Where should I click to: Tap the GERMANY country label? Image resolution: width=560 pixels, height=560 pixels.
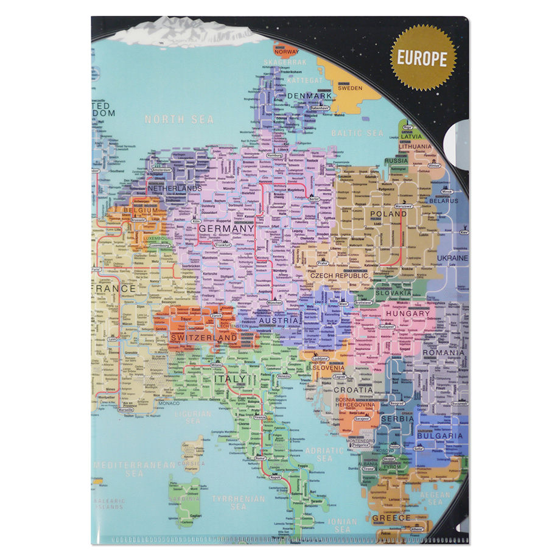(x=226, y=228)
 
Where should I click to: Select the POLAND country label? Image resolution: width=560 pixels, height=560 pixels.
(x=388, y=214)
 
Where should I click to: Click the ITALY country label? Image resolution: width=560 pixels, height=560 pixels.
(x=229, y=379)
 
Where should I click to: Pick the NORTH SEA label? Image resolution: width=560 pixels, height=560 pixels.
(x=179, y=119)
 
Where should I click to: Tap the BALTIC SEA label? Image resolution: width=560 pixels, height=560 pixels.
(x=357, y=133)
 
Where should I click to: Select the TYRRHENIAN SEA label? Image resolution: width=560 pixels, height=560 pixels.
(x=238, y=502)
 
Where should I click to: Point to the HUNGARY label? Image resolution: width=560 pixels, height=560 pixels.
(x=407, y=313)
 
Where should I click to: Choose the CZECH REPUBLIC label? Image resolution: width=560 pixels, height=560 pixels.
(x=339, y=276)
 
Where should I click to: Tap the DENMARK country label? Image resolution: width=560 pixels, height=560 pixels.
(x=310, y=96)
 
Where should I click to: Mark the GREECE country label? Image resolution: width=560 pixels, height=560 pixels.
(x=391, y=518)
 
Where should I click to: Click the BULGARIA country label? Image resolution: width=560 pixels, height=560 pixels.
(x=440, y=435)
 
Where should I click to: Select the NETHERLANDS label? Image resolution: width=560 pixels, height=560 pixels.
(x=175, y=189)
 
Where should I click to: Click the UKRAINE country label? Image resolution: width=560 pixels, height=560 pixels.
(x=451, y=258)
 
